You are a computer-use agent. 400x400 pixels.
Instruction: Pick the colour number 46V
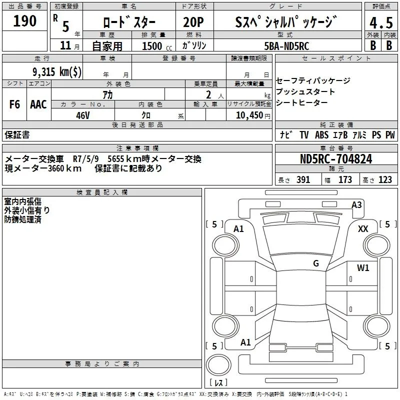point(82,114)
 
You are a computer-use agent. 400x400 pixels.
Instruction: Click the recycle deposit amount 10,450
point(246,114)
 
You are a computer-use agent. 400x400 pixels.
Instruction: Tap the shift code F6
point(15,104)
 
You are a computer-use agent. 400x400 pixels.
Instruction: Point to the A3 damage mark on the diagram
point(356,204)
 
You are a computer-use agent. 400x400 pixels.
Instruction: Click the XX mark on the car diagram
point(363,228)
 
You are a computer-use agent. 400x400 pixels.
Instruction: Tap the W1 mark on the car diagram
point(363,268)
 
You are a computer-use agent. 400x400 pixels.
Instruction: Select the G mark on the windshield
point(315,263)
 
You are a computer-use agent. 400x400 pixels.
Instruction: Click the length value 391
point(303,180)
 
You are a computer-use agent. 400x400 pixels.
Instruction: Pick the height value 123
point(385,180)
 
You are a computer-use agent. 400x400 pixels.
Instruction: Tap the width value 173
point(345,180)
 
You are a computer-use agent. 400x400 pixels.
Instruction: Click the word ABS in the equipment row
point(321,135)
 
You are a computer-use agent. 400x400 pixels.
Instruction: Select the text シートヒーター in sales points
point(301,102)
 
